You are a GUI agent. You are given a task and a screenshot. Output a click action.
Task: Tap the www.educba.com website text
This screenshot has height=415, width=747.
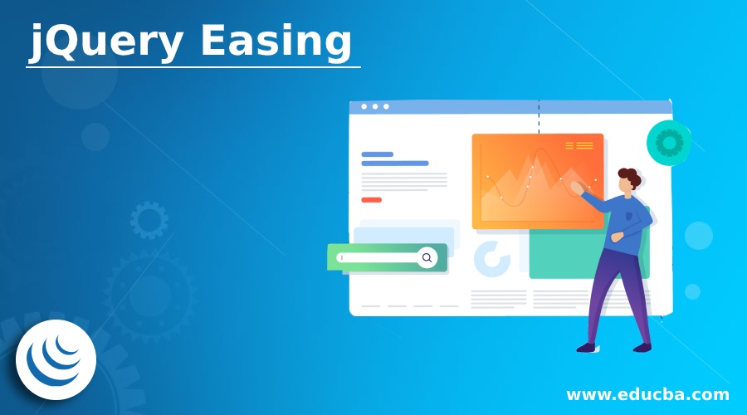point(647,393)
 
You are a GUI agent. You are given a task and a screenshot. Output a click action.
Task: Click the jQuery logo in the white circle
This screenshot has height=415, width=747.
point(56,359)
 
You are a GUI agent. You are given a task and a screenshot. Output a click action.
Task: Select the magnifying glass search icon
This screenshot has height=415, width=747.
point(427,258)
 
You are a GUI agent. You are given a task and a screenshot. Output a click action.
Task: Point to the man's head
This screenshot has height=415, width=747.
point(628,181)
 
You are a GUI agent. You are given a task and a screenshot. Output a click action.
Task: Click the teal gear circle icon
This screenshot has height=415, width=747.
point(668,142)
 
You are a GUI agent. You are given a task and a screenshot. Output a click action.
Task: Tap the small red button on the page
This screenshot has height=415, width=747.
point(371,200)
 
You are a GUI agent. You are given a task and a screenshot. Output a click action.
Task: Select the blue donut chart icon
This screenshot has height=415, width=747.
point(491,259)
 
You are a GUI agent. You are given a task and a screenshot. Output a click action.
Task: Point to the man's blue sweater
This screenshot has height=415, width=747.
point(627,220)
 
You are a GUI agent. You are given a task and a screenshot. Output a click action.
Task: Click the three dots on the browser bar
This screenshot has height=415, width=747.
point(374,106)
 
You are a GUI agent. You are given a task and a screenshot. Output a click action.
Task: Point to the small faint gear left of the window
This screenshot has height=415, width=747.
point(149,220)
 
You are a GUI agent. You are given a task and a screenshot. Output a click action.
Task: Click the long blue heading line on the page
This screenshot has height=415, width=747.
point(395,164)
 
